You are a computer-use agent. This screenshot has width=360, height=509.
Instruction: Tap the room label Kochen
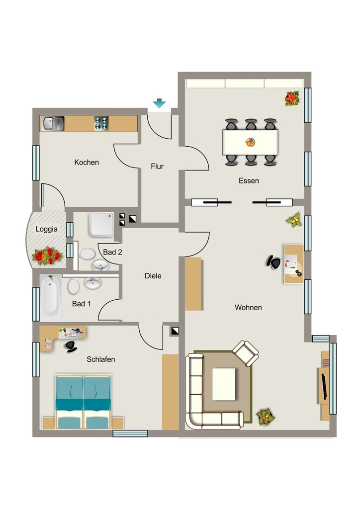[87, 163]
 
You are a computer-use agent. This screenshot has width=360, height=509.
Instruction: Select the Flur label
[157, 166]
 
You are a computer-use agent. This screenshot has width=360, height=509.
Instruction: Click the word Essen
[249, 181]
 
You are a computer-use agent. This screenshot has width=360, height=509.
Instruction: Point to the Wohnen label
[248, 307]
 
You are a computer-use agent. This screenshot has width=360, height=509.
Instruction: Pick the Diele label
[153, 276]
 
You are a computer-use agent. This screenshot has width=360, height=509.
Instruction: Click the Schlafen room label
[100, 359]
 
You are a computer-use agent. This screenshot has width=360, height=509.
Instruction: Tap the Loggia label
[46, 229]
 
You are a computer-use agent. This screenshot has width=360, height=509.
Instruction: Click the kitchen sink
[53, 124]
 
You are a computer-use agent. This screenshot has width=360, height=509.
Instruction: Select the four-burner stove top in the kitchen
[101, 124]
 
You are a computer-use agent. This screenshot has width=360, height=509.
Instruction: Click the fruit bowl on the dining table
[250, 142]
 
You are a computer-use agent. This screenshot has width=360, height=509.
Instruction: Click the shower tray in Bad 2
[100, 225]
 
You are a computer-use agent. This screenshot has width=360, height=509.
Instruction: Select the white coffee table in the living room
[224, 384]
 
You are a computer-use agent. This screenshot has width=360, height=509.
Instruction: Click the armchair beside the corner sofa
[246, 353]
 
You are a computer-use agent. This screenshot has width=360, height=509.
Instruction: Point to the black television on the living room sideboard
[324, 386]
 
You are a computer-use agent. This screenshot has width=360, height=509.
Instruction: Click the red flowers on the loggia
[47, 256]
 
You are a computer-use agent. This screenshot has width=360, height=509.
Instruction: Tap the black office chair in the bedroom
[71, 346]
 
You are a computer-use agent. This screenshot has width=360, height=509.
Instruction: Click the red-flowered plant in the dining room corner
[292, 98]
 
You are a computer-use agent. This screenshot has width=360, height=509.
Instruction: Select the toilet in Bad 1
[74, 286]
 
